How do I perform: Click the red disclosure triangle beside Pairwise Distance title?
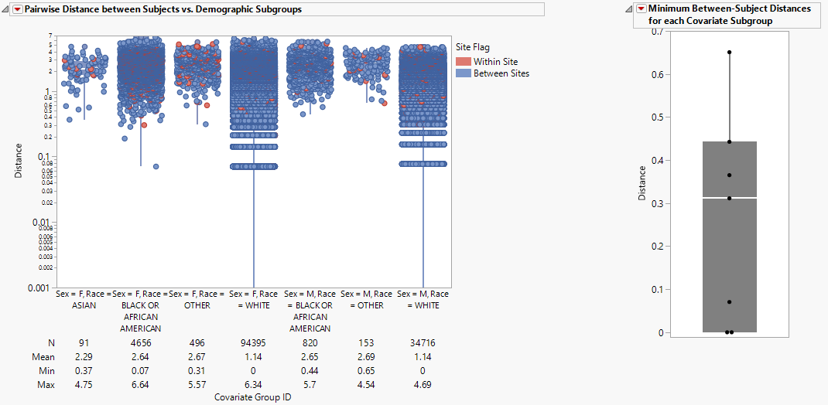tap(18, 9)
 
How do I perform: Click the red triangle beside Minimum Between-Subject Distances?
tap(640, 9)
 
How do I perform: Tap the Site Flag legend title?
tap(472, 48)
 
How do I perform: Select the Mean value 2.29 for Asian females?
tap(84, 356)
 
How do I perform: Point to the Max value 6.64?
tap(141, 384)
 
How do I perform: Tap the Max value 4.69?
tap(423, 384)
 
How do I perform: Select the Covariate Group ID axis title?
tap(253, 396)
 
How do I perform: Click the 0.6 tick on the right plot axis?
tap(656, 75)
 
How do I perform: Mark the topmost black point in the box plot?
tap(729, 53)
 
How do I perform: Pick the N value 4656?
tap(141, 342)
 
